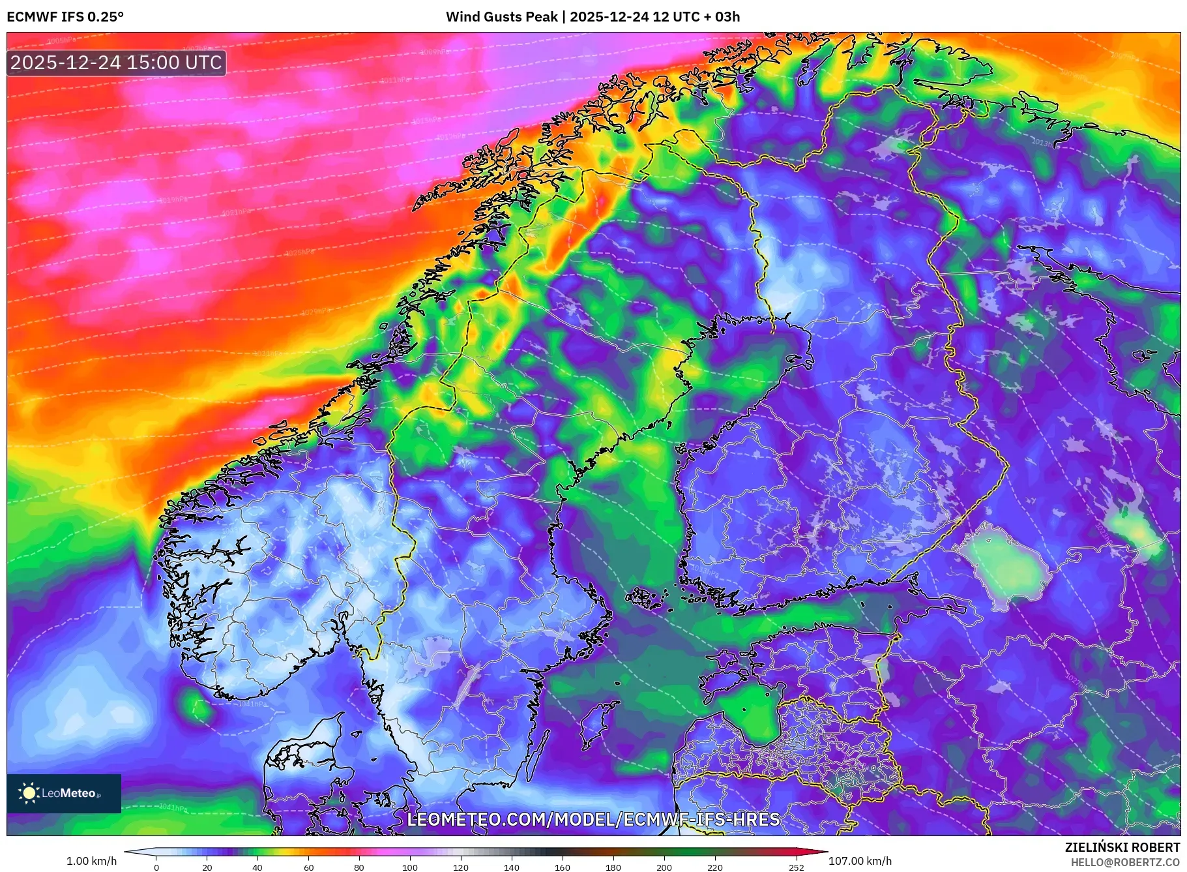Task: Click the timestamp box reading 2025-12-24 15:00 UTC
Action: (x=116, y=63)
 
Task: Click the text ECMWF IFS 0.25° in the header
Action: (x=65, y=17)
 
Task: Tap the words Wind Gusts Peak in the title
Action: (x=501, y=17)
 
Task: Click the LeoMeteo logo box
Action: (x=64, y=793)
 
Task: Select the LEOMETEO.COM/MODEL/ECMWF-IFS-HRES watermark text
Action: (x=593, y=819)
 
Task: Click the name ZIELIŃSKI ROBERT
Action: (x=1122, y=847)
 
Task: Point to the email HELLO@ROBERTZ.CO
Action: (x=1125, y=862)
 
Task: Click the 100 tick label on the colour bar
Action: (x=409, y=867)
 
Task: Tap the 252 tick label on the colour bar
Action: (x=796, y=867)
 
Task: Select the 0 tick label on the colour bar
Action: (x=156, y=867)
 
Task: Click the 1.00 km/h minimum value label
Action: (x=92, y=861)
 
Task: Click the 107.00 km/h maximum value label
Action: (x=860, y=861)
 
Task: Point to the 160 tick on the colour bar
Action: (x=562, y=867)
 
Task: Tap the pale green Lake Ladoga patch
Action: (x=1007, y=564)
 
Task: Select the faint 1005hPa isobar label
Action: (x=62, y=41)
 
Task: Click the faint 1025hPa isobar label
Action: (x=300, y=252)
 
